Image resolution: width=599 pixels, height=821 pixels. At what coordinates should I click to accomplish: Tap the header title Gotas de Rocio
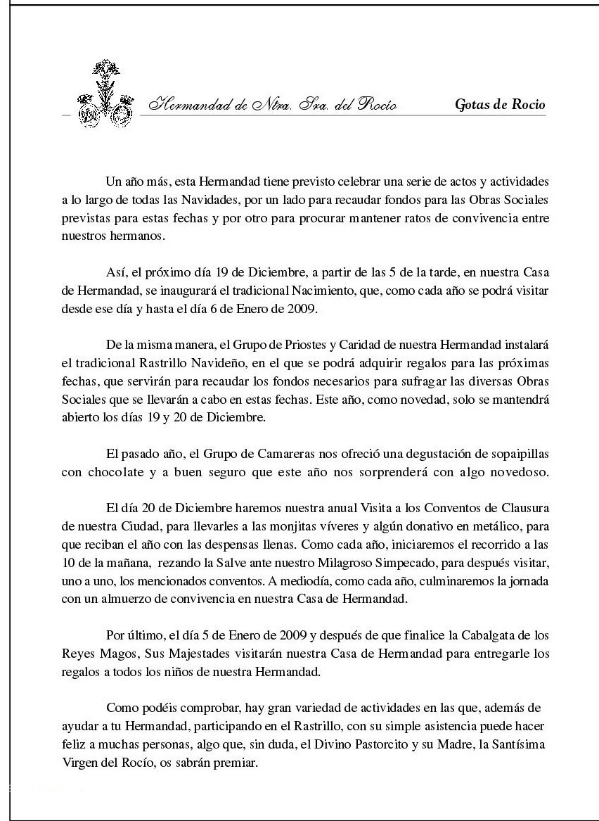coord(500,106)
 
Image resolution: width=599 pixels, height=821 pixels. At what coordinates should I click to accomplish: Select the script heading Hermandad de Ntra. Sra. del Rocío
coord(272,106)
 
